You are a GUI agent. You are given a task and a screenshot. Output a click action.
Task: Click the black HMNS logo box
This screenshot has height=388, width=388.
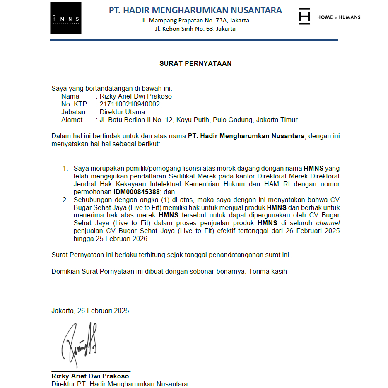point(66,18)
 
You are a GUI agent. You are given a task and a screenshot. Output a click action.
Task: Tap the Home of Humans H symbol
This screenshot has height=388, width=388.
point(304,17)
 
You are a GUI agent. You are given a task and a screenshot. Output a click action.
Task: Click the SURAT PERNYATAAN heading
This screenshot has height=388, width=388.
point(195,64)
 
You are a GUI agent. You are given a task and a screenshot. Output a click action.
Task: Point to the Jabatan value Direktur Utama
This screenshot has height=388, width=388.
point(122,112)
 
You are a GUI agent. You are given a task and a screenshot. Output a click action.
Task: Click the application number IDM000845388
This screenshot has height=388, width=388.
point(137,192)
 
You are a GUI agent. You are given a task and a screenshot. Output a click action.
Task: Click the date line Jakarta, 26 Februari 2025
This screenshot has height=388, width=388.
point(90,311)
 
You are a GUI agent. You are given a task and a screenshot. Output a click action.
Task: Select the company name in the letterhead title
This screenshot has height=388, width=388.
point(195,10)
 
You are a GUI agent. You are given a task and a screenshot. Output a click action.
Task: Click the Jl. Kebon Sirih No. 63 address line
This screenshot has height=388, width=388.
point(195,29)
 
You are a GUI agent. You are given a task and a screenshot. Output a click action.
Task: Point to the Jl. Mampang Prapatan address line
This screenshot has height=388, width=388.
point(195,20)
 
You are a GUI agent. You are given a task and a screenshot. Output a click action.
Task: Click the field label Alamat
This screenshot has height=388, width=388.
point(72,120)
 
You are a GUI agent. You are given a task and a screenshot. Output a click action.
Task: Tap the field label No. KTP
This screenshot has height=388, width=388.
point(74,104)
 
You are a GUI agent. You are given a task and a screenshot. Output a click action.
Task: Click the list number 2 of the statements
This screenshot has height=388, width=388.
point(65,200)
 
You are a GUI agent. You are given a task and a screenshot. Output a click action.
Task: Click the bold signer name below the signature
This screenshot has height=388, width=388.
point(90,376)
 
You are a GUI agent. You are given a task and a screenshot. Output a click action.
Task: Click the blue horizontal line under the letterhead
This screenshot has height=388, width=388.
point(194,40)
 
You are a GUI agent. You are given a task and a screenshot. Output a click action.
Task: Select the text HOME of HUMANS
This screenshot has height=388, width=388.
point(339,17)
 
